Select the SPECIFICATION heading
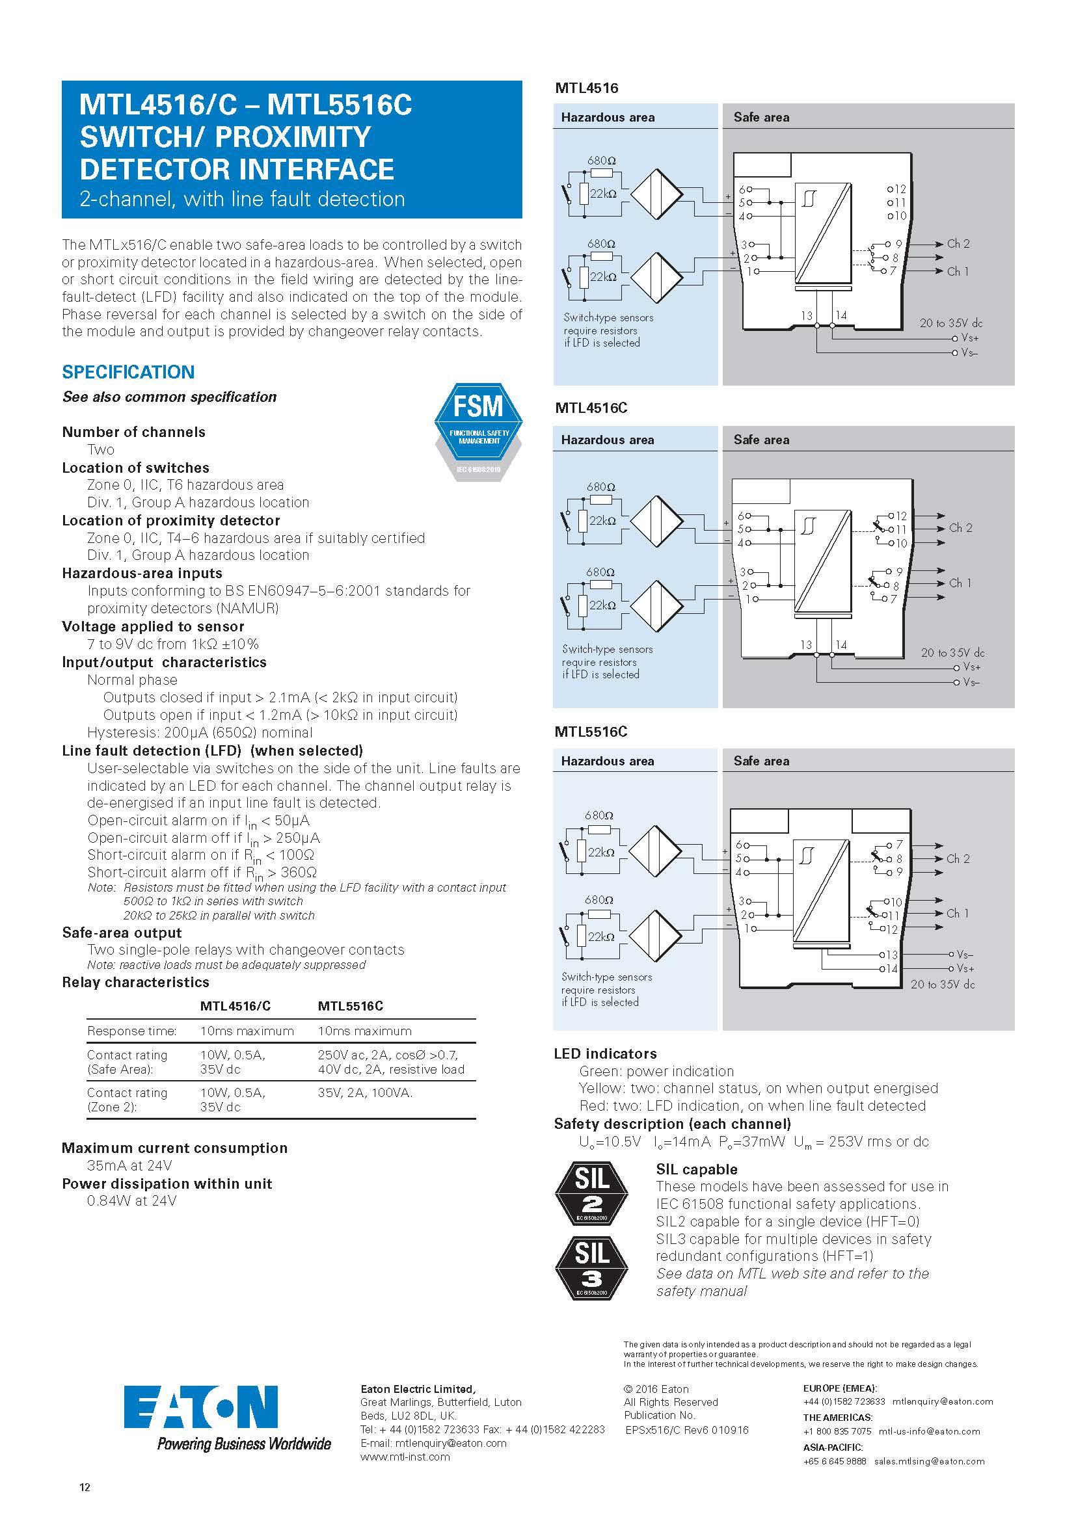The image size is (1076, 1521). (128, 373)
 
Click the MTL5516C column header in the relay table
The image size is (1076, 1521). (351, 1005)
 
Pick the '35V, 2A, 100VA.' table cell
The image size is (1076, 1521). (365, 1092)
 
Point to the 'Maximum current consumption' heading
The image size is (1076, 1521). (174, 1148)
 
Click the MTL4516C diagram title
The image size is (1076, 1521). (591, 408)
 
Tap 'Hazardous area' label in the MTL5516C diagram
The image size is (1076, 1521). (607, 761)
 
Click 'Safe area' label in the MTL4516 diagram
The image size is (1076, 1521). (761, 117)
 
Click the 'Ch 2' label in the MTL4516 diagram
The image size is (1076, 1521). (958, 244)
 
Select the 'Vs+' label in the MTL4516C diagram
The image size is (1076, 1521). (972, 667)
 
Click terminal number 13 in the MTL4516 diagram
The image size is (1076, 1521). (806, 316)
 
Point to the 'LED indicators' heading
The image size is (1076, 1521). (605, 1054)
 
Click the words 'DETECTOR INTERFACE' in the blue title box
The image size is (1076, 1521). (237, 169)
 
